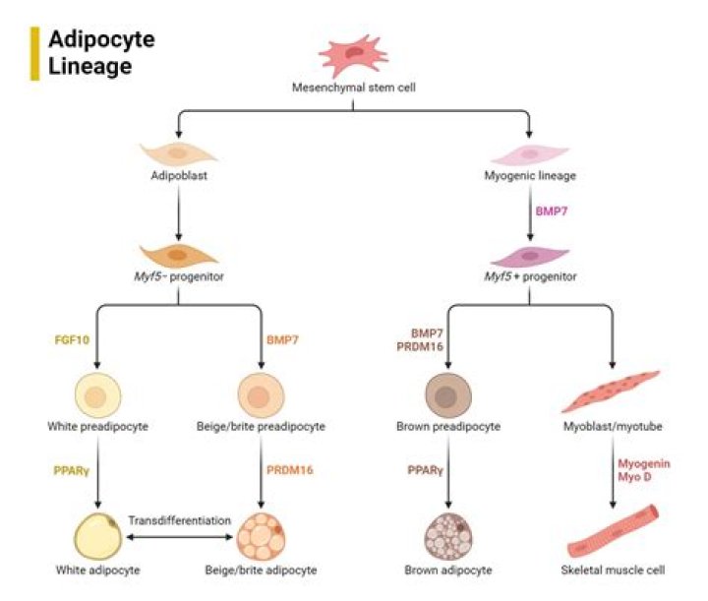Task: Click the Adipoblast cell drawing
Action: (178, 152)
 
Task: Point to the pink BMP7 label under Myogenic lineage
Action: (552, 211)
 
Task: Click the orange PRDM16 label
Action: (290, 469)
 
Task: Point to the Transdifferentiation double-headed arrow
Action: (178, 539)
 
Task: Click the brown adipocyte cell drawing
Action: (447, 536)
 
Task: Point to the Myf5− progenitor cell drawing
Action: (178, 254)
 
